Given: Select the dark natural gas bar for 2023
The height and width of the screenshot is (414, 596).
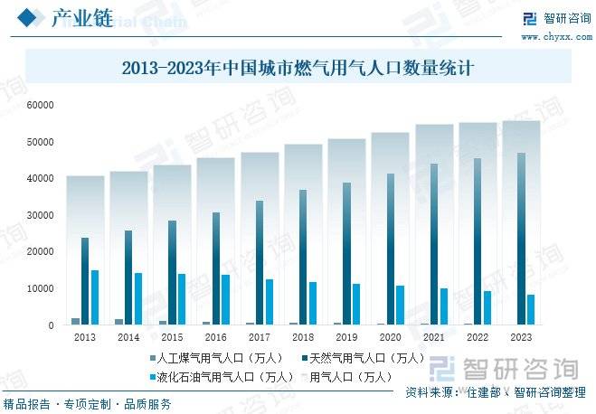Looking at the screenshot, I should pos(522,239).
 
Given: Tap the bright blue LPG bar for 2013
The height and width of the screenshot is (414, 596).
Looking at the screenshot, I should pos(94,297).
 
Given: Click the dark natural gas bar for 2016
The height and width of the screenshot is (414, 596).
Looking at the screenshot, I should pos(216,268).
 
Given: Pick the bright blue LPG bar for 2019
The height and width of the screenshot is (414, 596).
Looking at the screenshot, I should pos(356,304).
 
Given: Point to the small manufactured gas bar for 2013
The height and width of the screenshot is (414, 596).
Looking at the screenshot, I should pos(76,321).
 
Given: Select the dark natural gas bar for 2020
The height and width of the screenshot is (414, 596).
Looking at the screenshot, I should pos(391,249).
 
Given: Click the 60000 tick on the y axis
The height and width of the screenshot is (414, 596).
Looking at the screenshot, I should pos(41,106).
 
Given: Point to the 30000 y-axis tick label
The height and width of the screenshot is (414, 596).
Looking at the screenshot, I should pos(41,215).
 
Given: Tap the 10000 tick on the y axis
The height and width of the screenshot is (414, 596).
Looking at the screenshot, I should pos(41,288).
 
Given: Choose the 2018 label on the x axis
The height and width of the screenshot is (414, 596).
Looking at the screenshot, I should pos(303,337).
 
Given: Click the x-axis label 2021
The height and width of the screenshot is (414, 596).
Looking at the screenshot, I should pos(434,337).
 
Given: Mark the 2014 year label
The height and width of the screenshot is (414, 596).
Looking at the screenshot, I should pos(128,337).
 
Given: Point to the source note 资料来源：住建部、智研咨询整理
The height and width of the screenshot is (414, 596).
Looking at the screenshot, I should pos(495,392).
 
